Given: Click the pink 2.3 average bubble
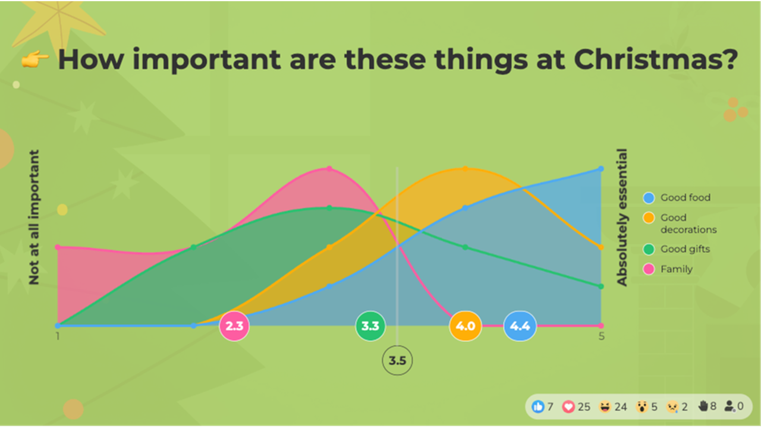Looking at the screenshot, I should [234, 326].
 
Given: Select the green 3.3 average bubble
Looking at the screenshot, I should [370, 326].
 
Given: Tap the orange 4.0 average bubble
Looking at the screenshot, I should [465, 326].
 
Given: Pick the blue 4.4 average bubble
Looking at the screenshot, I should [520, 326].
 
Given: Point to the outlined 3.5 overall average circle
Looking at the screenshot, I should [397, 360].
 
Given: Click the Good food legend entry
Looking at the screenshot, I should [685, 198].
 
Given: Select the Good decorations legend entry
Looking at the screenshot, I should [688, 224].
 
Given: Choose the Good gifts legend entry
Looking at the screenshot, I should [685, 249].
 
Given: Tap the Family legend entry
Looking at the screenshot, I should [676, 269].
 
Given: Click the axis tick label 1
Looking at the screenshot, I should [58, 336].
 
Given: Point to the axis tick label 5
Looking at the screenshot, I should [602, 336].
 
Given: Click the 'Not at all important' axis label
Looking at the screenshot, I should [34, 217].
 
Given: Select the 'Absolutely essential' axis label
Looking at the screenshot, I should [622, 217].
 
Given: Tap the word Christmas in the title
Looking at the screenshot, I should [656, 59].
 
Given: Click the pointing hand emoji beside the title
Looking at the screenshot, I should [35, 60].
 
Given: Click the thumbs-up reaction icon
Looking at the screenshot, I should [539, 407].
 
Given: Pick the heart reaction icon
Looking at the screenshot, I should [569, 407].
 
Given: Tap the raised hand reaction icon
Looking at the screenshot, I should [703, 406].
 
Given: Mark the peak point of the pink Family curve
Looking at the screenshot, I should [329, 169].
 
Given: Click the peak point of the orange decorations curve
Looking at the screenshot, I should [466, 168].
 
